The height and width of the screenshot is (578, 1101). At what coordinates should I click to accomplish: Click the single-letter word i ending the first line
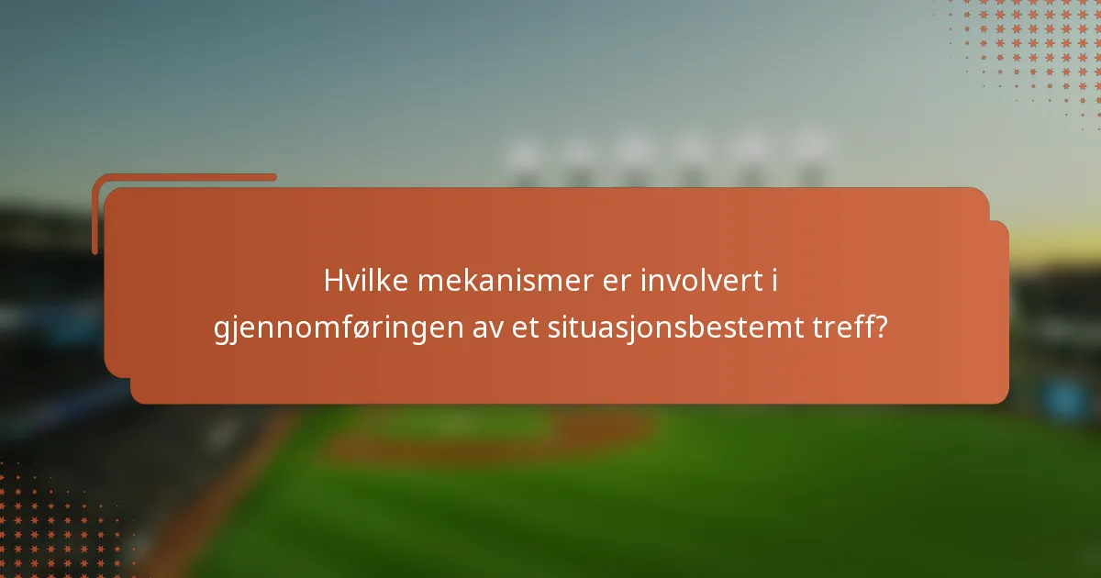click(773, 281)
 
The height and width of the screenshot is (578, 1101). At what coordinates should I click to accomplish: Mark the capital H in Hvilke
click(332, 281)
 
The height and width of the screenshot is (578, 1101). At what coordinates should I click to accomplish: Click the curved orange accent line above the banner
click(183, 177)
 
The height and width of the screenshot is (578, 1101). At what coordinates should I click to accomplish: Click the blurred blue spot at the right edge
click(1064, 399)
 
